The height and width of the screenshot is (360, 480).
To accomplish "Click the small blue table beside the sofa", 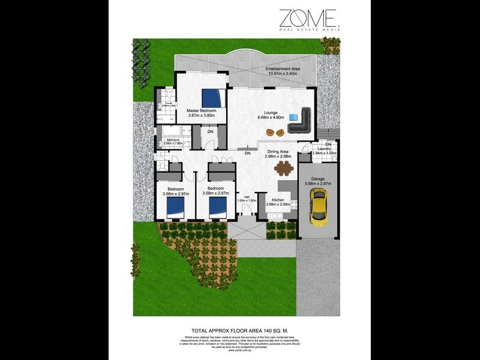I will pyautogui.click(x=293, y=116).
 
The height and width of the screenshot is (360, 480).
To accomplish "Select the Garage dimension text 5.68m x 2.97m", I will pyautogui.click(x=318, y=184).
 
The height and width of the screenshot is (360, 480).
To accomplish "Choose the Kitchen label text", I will pyautogui.click(x=278, y=199).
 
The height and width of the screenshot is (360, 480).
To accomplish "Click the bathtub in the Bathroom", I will pyautogui.click(x=172, y=133).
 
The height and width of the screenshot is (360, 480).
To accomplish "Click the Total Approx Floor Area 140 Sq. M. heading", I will pyautogui.click(x=239, y=329).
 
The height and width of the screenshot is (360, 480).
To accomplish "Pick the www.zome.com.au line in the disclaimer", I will pyautogui.click(x=239, y=351).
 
